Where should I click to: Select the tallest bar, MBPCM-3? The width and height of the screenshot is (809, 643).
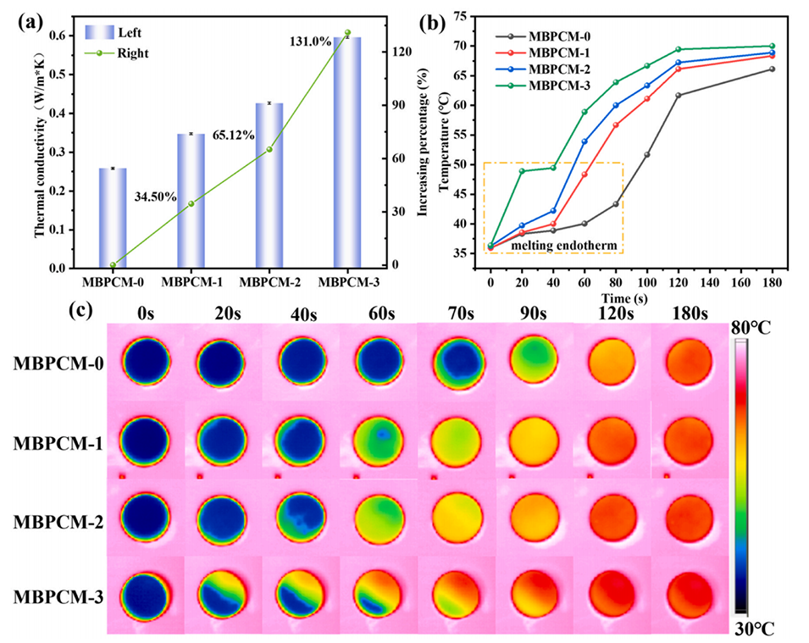pyautogui.click(x=347, y=152)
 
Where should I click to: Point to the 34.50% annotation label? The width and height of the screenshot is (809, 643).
pyautogui.click(x=155, y=197)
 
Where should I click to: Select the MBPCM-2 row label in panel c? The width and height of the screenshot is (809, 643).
pyautogui.click(x=57, y=523)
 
